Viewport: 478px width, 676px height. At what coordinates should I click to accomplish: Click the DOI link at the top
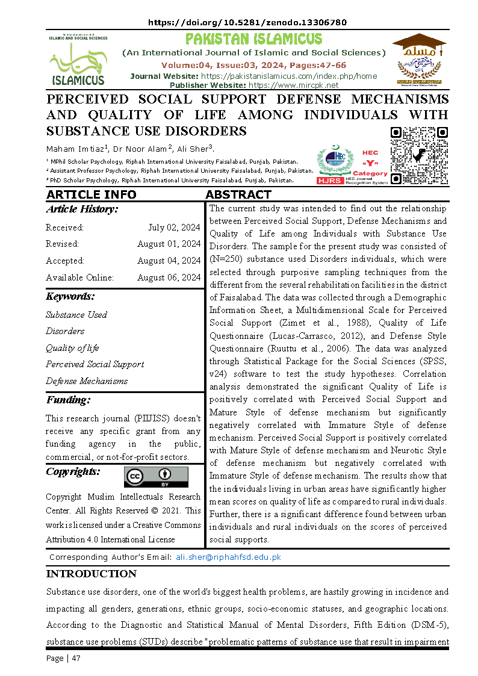click(x=247, y=22)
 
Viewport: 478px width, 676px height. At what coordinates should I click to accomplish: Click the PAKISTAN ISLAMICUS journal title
click(x=253, y=40)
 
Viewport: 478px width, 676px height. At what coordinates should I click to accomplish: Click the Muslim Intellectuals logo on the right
click(x=418, y=59)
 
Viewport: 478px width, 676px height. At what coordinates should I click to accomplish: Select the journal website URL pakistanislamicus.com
click(x=288, y=76)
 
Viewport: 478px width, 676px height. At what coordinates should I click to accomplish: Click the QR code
click(x=419, y=155)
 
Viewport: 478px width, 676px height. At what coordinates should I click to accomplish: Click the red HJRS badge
click(x=330, y=181)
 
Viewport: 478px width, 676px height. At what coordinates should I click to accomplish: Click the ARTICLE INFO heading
click(x=91, y=194)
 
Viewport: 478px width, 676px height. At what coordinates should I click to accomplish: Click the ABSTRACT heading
click(x=238, y=194)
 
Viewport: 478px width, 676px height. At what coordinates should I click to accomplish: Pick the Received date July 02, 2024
click(x=174, y=228)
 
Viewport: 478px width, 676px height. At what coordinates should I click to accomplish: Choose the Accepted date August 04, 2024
click(x=169, y=261)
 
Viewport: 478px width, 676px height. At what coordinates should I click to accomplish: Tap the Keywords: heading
click(x=70, y=297)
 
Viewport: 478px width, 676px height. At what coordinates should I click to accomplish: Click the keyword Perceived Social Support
click(x=95, y=364)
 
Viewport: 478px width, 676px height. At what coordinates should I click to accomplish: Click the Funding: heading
click(x=68, y=400)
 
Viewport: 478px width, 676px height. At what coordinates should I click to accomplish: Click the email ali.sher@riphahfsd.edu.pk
click(x=228, y=557)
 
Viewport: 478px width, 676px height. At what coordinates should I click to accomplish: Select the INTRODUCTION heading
click(x=91, y=574)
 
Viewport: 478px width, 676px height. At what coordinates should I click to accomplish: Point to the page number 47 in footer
click(x=75, y=658)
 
